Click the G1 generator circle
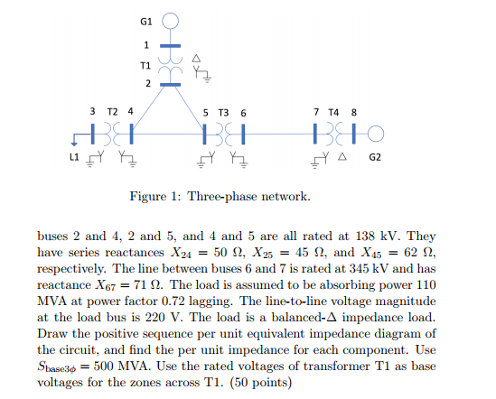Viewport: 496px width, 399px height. (x=171, y=20)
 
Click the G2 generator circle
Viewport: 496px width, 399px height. (x=376, y=135)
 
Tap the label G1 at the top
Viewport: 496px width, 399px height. (x=146, y=19)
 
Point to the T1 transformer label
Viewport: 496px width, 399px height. (x=145, y=65)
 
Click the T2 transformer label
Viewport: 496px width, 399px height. (x=113, y=111)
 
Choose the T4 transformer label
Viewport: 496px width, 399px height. (x=334, y=111)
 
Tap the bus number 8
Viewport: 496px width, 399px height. (x=353, y=111)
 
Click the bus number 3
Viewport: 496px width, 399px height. (x=93, y=111)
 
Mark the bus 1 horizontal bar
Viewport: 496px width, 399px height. (x=170, y=44)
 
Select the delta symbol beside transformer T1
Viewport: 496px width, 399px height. (x=196, y=57)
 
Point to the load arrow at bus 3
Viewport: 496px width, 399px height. (x=72, y=141)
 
